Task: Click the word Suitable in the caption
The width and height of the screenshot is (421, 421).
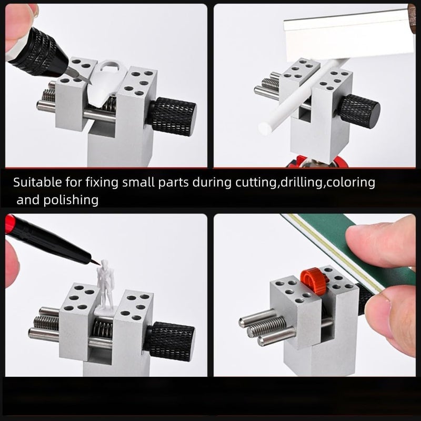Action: [35, 183]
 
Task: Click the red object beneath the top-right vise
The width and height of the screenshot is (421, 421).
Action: [310, 161]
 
